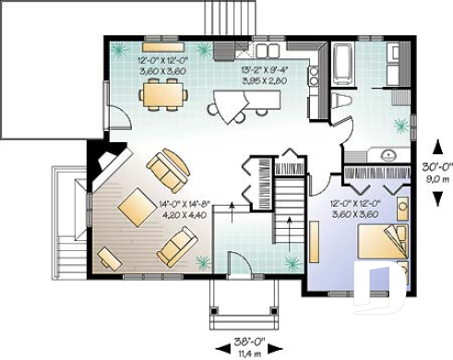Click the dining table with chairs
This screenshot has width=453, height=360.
[x=164, y=92]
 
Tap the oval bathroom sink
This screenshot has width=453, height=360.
[x=387, y=154]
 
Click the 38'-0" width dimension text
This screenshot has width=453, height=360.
[x=244, y=339]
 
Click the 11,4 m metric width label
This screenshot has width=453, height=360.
[x=244, y=352]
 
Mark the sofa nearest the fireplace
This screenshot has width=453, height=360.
[x=169, y=168]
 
